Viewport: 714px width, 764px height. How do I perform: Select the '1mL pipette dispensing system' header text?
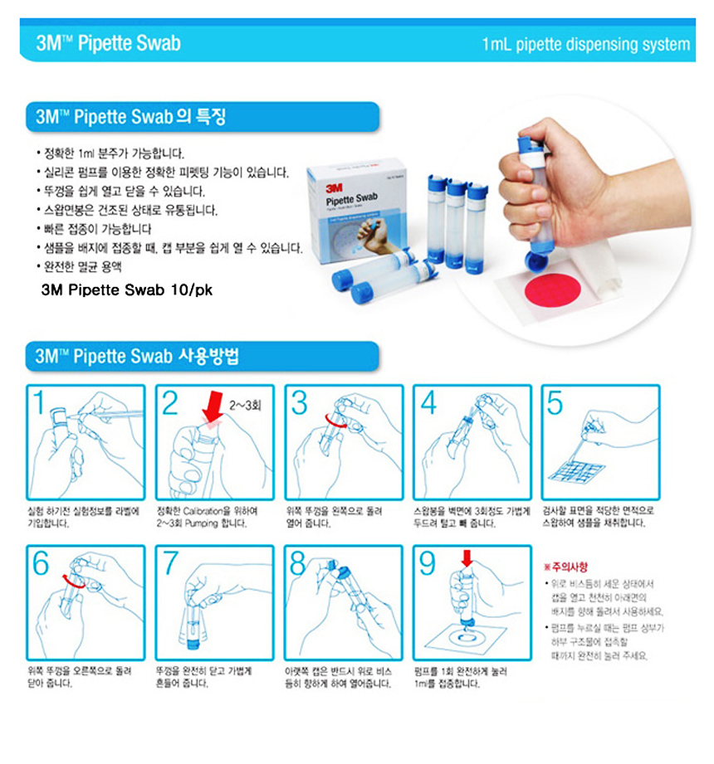coord(585,44)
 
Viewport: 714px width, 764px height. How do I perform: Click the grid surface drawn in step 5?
coord(581,469)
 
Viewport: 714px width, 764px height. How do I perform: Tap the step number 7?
coord(170,563)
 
